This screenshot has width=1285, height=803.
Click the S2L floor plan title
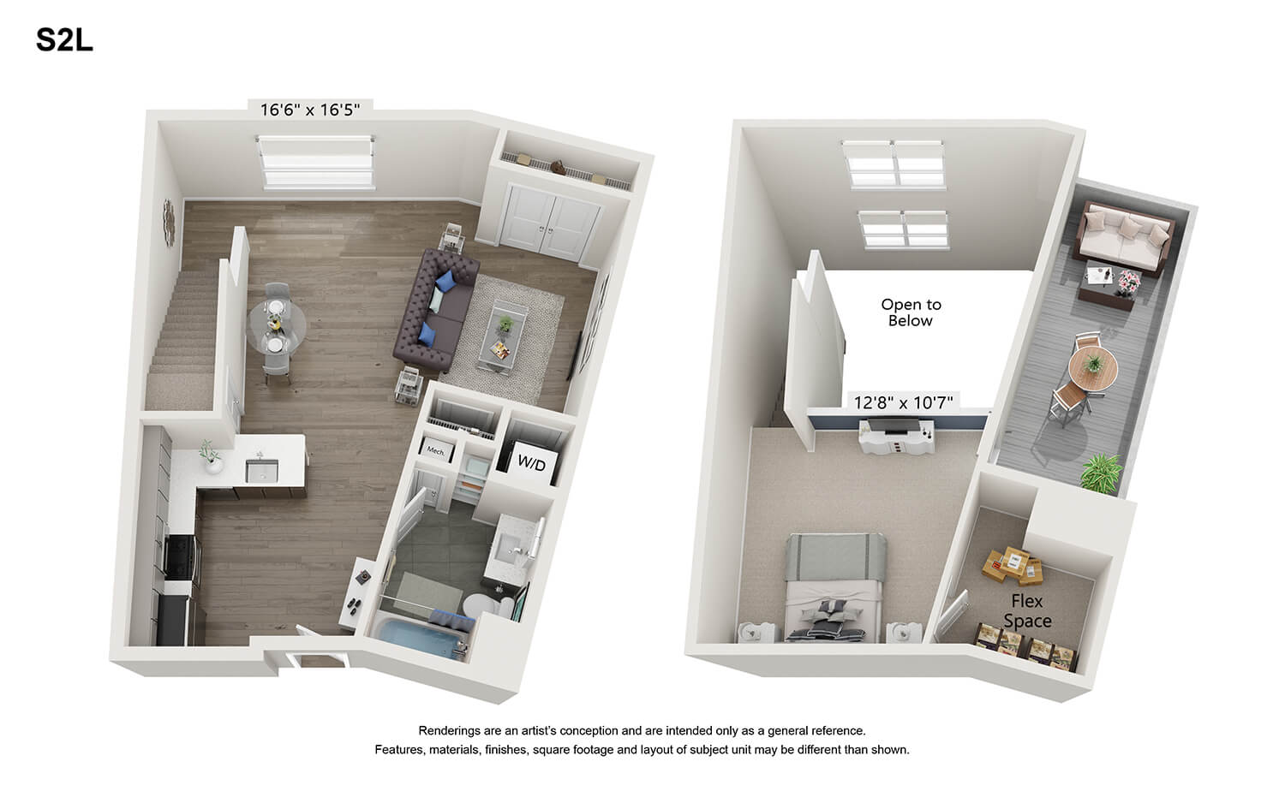coord(64,40)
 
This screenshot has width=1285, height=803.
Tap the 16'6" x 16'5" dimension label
coord(310,110)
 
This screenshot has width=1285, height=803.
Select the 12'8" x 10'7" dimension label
coord(903,402)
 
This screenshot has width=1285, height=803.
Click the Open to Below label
coord(911,312)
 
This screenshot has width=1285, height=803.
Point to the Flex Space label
coord(1027,611)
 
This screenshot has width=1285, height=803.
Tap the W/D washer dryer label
coord(531,462)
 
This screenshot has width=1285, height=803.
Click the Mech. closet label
coord(436,450)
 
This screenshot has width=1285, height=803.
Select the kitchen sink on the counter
coord(261,471)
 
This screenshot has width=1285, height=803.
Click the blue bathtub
coord(420,637)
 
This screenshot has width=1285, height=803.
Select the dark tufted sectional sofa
coord(436,310)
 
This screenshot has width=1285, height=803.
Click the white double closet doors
coord(550,223)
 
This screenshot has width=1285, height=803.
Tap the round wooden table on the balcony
coord(1093,367)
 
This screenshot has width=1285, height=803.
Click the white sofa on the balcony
coord(1122,235)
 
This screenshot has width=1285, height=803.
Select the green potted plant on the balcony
coord(1101,472)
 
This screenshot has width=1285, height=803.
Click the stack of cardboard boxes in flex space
coord(1013,565)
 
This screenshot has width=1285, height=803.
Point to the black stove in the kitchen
coord(182,556)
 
